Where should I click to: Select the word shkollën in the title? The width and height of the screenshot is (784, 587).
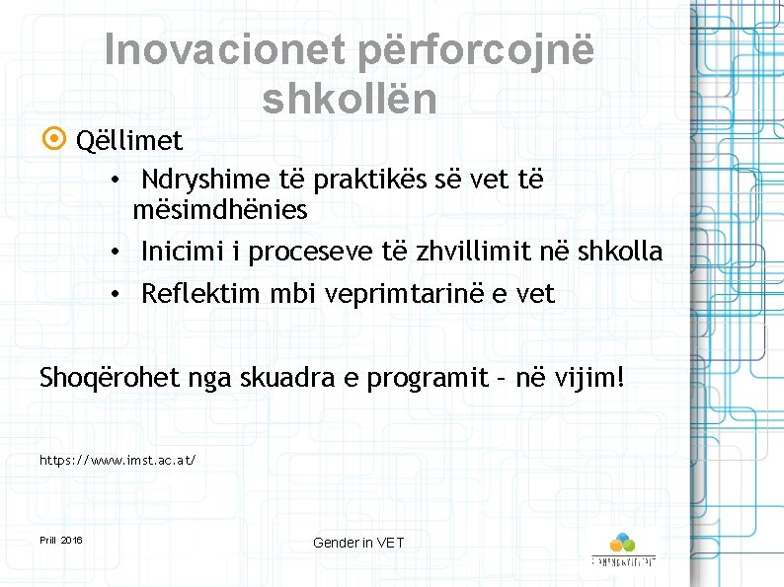click(x=350, y=98)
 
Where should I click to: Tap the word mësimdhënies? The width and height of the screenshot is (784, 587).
click(x=220, y=210)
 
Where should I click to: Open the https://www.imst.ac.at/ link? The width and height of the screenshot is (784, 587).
click(x=118, y=460)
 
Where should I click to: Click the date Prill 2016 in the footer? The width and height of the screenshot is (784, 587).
click(x=61, y=541)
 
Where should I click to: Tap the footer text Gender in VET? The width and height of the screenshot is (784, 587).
click(x=358, y=543)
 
